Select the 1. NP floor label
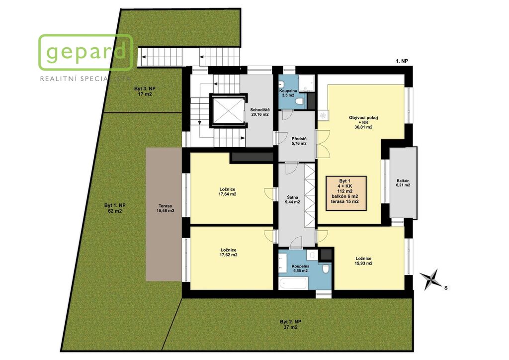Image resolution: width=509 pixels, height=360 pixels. [402, 61]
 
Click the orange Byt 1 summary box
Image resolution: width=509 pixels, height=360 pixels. [346, 193]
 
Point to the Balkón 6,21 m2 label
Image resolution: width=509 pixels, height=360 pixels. [403, 183]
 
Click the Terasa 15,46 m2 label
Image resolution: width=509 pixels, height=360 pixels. [165, 208]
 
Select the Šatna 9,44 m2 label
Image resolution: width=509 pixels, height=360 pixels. [292, 199]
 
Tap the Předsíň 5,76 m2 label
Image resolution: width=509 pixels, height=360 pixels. [299, 141]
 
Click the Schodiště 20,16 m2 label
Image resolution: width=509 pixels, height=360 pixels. [259, 112]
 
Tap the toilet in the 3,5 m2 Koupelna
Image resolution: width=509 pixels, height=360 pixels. [299, 102]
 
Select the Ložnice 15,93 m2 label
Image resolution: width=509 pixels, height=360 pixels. [363, 261]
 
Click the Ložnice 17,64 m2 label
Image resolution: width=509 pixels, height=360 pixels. [227, 192]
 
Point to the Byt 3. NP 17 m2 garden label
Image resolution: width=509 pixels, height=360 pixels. [145, 91]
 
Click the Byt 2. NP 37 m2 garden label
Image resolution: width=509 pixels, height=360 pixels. [290, 324]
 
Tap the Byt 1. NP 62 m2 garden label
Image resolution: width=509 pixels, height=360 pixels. [115, 208]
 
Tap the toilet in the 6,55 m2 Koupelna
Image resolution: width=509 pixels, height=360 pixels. [326, 269]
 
